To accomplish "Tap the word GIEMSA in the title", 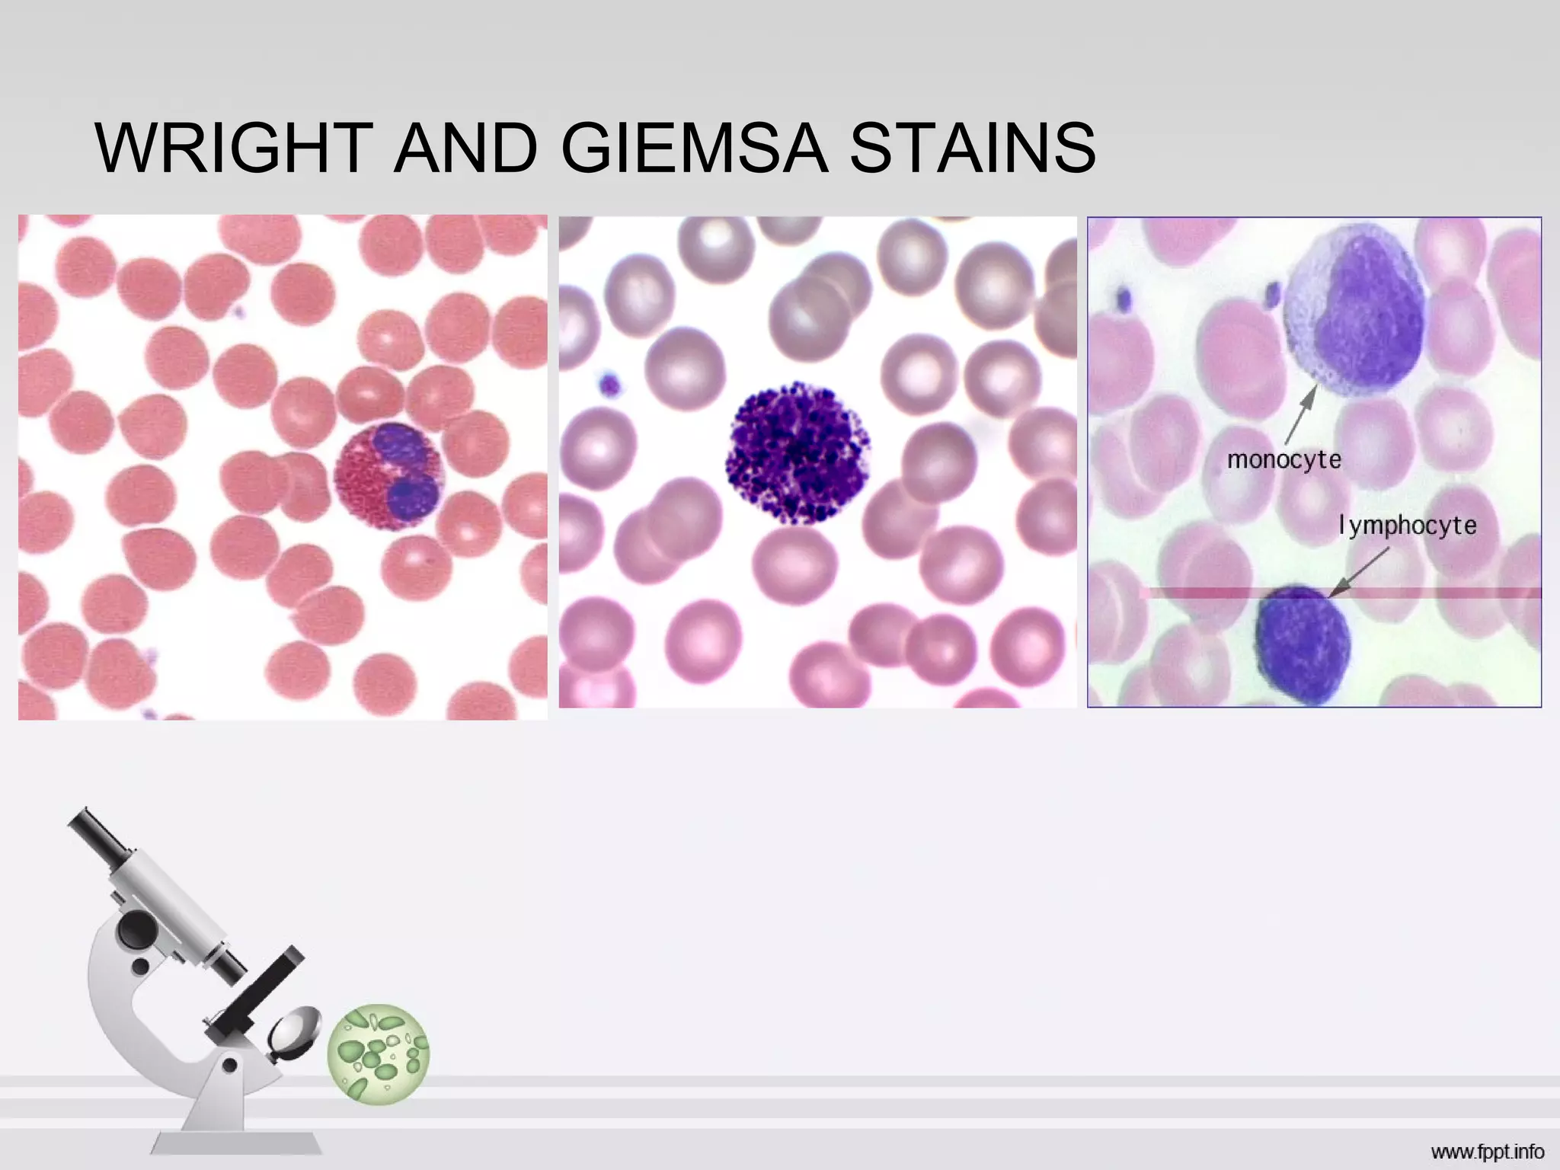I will point(694,148).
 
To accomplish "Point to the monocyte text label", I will point(1284,460).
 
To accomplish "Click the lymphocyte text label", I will point(1408,526).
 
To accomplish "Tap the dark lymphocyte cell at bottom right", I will point(1302,644).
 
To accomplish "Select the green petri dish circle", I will point(379,1053).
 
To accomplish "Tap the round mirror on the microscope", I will point(295,1031).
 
